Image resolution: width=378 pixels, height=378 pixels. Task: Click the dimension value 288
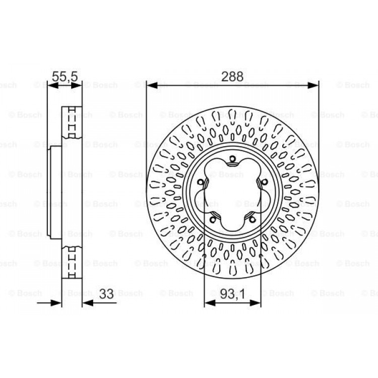[232, 77]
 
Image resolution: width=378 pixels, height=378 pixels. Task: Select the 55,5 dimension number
[65, 77]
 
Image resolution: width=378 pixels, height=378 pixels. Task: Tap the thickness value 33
[106, 294]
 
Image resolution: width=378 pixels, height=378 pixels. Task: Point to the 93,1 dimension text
[233, 294]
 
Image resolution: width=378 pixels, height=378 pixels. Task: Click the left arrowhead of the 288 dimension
[152, 85]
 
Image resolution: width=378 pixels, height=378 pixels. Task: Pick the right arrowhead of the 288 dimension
[313, 85]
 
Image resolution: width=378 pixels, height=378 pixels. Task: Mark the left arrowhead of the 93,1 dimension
[210, 303]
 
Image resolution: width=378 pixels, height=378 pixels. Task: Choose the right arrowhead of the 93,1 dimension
[256, 303]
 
